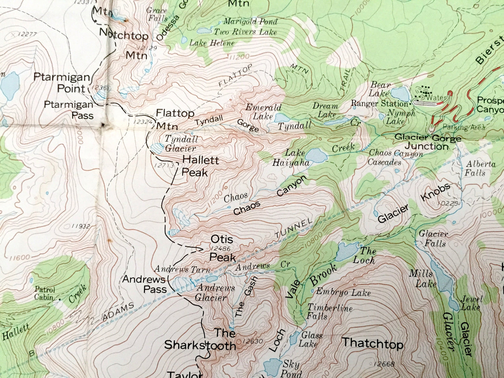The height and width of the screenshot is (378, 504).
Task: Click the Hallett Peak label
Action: (200, 166)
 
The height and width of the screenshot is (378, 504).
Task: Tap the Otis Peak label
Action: (223, 248)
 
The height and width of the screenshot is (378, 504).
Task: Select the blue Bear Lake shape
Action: (399, 93)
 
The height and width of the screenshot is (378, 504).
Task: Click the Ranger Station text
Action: (379, 104)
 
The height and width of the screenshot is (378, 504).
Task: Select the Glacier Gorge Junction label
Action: (428, 142)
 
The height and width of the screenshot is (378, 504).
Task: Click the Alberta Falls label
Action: (476, 168)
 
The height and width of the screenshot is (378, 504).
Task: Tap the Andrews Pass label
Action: (144, 284)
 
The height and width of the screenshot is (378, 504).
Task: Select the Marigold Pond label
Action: (250, 22)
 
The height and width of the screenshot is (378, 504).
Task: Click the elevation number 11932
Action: (81, 226)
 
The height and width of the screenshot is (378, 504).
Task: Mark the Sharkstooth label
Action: (200, 339)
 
